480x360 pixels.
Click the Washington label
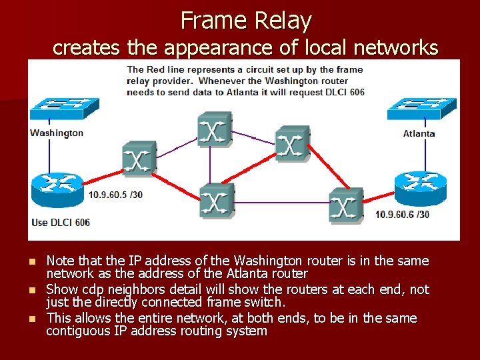pos(57,133)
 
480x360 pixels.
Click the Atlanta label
pos(419,133)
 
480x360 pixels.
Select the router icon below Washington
pos(58,190)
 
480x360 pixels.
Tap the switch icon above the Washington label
pos(63,107)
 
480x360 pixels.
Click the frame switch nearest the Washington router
pos(139,159)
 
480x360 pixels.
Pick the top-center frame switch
pos(213,129)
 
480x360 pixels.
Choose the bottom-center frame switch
pos(216,201)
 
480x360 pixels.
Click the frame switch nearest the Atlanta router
pos(345,205)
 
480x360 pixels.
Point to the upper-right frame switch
pos(292,143)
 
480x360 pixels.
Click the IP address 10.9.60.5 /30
pos(115,195)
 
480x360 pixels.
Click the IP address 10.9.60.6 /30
pos(402,214)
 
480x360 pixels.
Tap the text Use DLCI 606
pos(61,222)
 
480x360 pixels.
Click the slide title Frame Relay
pos(245,21)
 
